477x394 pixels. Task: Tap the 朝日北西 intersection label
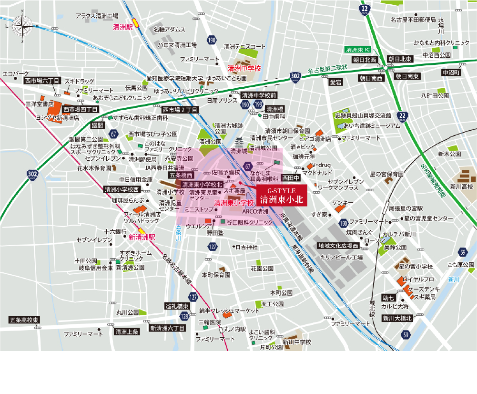click(x=364, y=59)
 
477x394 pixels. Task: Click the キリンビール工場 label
click(x=342, y=257)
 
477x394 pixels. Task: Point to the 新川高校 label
click(x=462, y=186)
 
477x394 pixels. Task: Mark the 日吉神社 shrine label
click(x=246, y=247)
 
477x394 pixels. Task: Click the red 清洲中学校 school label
click(x=244, y=68)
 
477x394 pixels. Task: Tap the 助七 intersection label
click(x=388, y=297)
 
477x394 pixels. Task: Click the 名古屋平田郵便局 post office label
click(x=413, y=20)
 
